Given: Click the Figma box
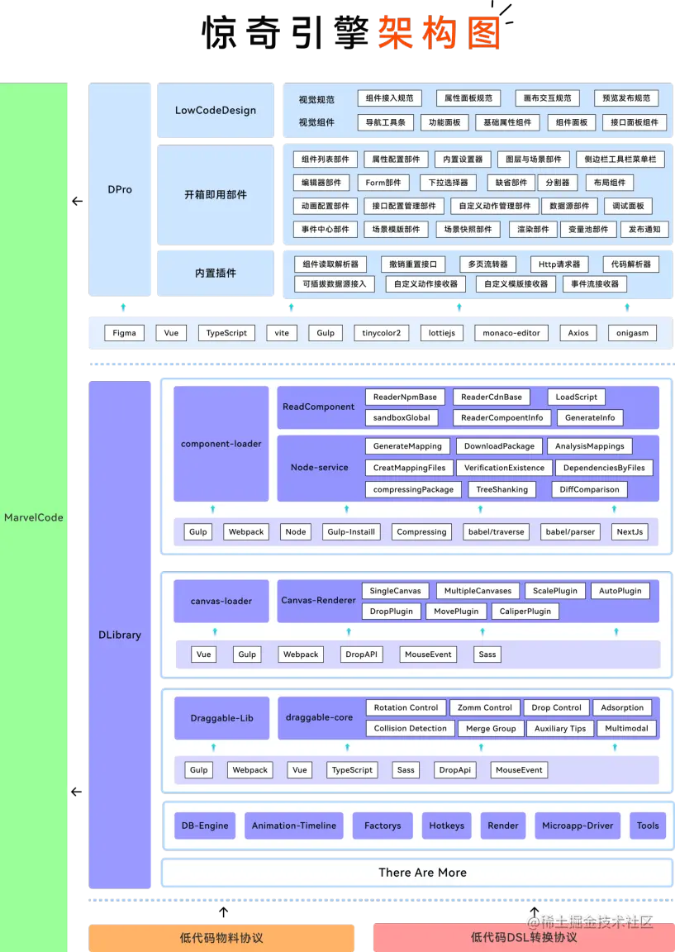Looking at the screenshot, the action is point(124,333).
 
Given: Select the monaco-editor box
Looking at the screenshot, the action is point(511,333).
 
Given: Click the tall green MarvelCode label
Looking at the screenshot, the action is point(34,517).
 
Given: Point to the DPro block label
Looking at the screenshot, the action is point(120,189).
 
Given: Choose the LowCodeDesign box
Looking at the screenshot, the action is point(216,110).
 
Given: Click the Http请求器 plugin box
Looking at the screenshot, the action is point(559,264).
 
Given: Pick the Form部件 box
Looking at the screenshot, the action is point(383,183).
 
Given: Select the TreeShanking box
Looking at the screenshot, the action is point(501,489).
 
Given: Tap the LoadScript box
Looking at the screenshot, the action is point(576,397).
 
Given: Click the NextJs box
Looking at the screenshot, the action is point(630,531).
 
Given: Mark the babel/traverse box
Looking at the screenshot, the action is point(495,531).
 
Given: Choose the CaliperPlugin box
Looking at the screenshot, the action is point(525,612).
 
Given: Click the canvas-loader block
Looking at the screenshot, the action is point(221,601).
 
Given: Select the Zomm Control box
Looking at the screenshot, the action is point(485,707).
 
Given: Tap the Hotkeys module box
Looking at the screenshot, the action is point(446,825).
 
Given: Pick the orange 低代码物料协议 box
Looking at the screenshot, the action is point(221,937).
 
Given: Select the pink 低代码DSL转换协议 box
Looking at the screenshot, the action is point(523,937).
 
